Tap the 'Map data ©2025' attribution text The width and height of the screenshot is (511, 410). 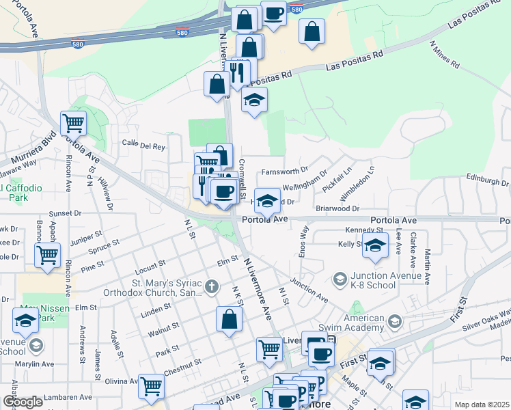(482, 405)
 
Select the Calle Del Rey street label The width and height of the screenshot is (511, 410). (143, 146)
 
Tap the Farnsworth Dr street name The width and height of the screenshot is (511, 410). (285, 170)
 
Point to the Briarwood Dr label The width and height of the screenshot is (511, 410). (337, 208)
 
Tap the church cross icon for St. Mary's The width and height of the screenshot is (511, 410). (212, 286)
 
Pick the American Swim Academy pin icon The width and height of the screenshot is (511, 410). (393, 320)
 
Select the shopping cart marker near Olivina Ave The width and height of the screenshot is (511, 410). (151, 385)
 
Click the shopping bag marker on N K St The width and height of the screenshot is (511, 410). (230, 318)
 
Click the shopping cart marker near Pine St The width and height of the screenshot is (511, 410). (47, 255)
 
